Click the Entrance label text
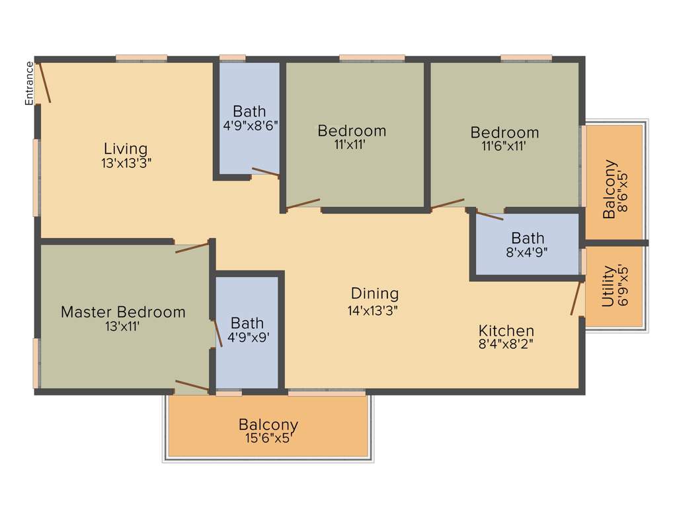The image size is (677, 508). point(29,83)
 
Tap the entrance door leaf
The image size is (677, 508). point(44,83)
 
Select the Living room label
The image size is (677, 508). point(126,149)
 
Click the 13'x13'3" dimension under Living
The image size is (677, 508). point(126,163)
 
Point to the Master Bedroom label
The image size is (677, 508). point(123,312)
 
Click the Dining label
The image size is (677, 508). point(374,293)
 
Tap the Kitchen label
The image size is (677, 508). point(506,330)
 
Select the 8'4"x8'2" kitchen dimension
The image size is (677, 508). point(506,343)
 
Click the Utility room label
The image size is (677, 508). point(608,287)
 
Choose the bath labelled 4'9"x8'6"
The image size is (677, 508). point(249,117)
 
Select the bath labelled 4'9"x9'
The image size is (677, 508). point(247,329)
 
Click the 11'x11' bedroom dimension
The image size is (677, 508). point(352,144)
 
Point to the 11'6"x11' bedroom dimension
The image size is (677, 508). point(504,146)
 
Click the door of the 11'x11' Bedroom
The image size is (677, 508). point(303,204)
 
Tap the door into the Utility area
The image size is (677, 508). point(577,298)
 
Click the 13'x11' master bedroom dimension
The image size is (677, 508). point(123,325)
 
